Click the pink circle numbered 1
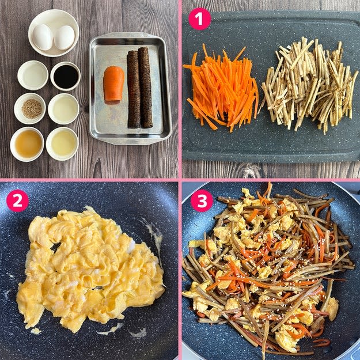(x=199, y=18)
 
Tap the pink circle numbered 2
(x=17, y=200)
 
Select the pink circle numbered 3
(x=202, y=200)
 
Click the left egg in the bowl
(x=43, y=37)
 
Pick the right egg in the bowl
(x=65, y=37)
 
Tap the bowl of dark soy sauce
(x=66, y=76)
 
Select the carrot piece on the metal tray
(x=113, y=85)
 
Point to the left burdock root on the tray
(x=134, y=89)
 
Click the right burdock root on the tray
(x=145, y=87)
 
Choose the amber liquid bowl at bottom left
(x=27, y=144)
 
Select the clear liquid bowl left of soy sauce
(x=33, y=75)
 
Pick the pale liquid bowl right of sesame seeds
(x=63, y=109)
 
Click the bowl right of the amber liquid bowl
(x=62, y=144)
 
